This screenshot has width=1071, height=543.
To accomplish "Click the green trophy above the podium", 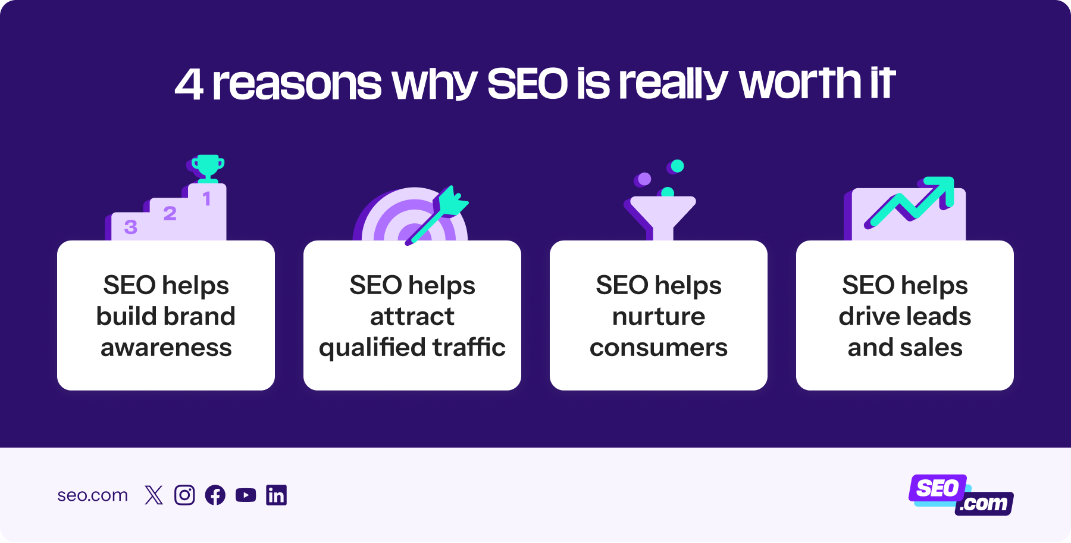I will pyautogui.click(x=208, y=167).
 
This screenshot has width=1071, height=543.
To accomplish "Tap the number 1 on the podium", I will pyautogui.click(x=206, y=199).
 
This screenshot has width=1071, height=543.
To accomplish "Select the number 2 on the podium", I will pyautogui.click(x=170, y=213).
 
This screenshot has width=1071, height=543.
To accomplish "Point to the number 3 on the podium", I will pyautogui.click(x=130, y=227).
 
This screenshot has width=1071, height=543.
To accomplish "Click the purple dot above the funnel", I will pyautogui.click(x=644, y=179).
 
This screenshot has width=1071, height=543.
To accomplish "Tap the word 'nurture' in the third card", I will pyautogui.click(x=658, y=316).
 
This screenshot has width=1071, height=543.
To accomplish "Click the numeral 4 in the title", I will pyautogui.click(x=189, y=84).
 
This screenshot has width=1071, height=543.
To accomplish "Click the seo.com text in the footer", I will pyautogui.click(x=92, y=495).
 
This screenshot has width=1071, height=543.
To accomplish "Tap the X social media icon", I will pyautogui.click(x=154, y=495).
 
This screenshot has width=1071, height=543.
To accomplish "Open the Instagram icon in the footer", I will pyautogui.click(x=184, y=495).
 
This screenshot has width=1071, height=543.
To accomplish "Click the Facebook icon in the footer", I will pyautogui.click(x=215, y=495).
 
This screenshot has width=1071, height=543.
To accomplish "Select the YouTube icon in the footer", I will pyautogui.click(x=246, y=495).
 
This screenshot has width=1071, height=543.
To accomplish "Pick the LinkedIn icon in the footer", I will pyautogui.click(x=276, y=495).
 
